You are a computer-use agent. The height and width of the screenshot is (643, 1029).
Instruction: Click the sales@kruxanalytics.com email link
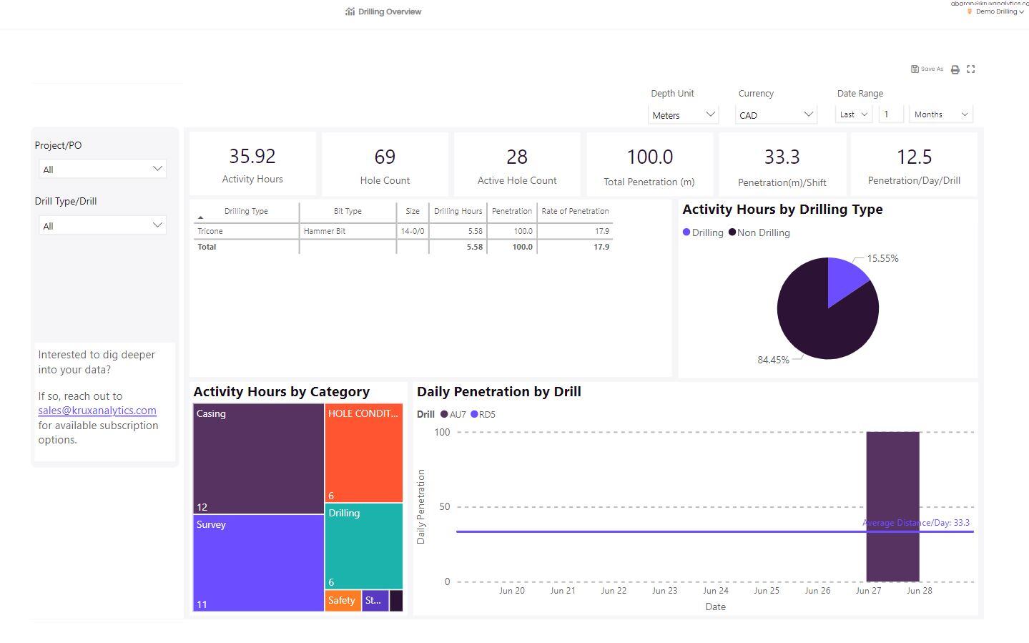point(97,411)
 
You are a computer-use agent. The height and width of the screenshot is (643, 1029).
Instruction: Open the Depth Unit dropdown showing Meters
point(683,114)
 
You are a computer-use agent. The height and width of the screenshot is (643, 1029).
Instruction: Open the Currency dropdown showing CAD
point(776,114)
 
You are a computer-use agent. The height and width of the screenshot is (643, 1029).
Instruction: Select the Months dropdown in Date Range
point(940,114)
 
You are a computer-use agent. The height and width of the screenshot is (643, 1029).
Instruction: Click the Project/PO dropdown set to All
point(102,170)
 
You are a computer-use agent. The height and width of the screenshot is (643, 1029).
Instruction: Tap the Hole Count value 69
point(385,157)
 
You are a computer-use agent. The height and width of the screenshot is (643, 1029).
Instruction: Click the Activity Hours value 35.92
point(252,156)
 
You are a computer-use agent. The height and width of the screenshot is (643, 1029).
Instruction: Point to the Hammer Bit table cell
point(325,231)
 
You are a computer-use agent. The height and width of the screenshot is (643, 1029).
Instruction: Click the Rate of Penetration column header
point(575,211)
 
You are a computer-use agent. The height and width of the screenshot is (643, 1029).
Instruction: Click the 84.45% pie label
point(773,360)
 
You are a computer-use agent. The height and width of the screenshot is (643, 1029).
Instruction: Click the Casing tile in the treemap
point(258,458)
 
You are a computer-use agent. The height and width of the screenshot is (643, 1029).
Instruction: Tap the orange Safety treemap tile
point(342,600)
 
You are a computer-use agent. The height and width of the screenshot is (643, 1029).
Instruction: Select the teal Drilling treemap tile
point(364,546)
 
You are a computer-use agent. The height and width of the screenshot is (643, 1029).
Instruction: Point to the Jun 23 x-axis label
point(664,591)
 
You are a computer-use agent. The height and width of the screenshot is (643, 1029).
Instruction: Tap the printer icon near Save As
point(955,69)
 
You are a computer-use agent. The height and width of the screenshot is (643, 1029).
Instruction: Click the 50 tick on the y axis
point(445,506)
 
